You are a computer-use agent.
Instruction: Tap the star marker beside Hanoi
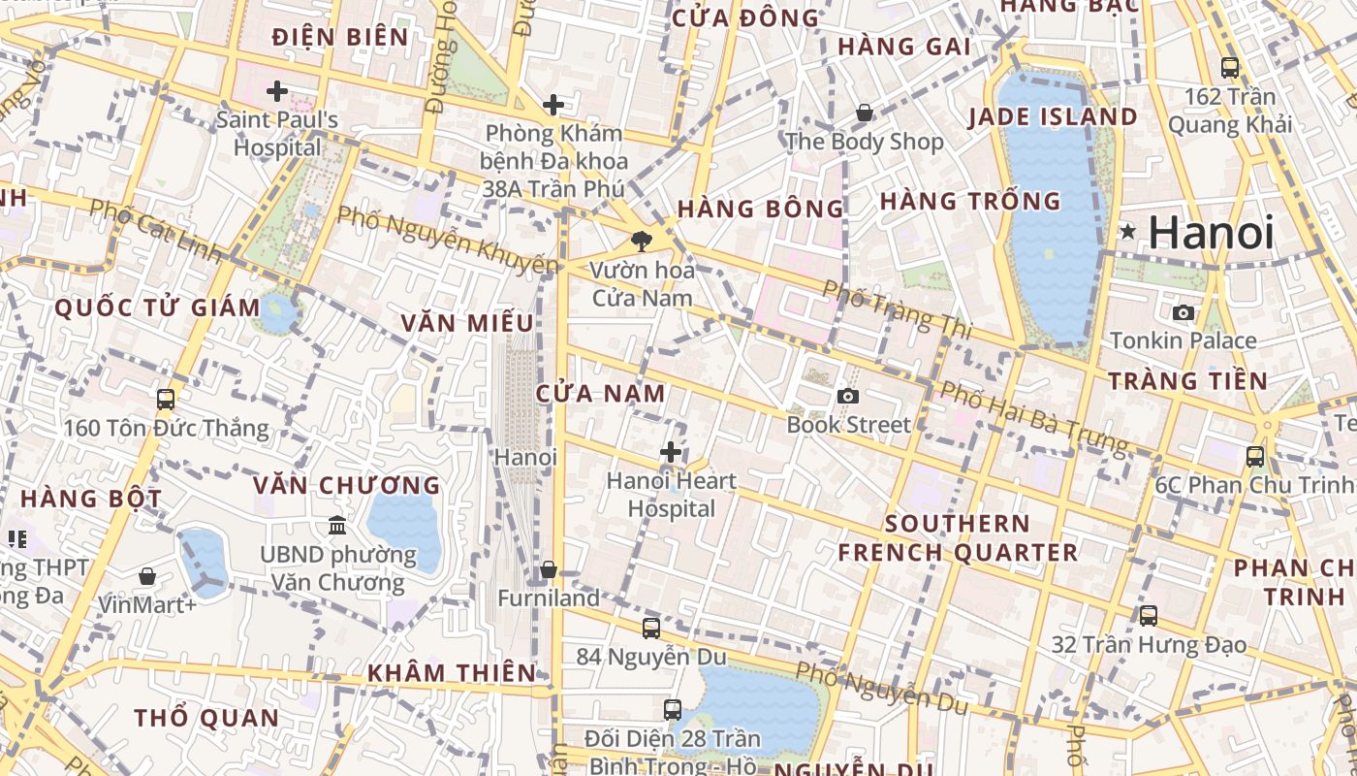[1127, 232]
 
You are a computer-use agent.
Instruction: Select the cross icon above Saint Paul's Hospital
[277, 91]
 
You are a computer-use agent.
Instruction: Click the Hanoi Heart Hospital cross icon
[670, 452]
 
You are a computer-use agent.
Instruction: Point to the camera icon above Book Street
[848, 396]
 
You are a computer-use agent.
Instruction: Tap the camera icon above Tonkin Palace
[1183, 312]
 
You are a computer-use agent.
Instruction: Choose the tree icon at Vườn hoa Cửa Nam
[641, 241]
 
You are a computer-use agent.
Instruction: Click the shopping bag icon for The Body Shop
[864, 113]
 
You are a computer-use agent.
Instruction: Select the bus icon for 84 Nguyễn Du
[651, 628]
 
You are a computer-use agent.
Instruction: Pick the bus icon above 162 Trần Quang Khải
[1230, 68]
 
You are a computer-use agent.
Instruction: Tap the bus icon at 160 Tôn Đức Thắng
[166, 399]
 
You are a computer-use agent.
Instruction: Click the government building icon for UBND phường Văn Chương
[337, 525]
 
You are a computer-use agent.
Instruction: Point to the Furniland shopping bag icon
[549, 569]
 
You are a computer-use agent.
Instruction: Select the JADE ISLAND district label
[1053, 116]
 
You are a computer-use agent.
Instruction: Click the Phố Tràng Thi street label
[896, 309]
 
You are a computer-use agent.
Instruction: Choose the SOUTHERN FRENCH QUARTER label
[958, 538]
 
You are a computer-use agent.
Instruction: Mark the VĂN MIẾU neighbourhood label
[467, 323]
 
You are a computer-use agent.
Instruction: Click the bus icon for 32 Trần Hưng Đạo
[1149, 615]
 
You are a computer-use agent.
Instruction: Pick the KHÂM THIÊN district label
[451, 672]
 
